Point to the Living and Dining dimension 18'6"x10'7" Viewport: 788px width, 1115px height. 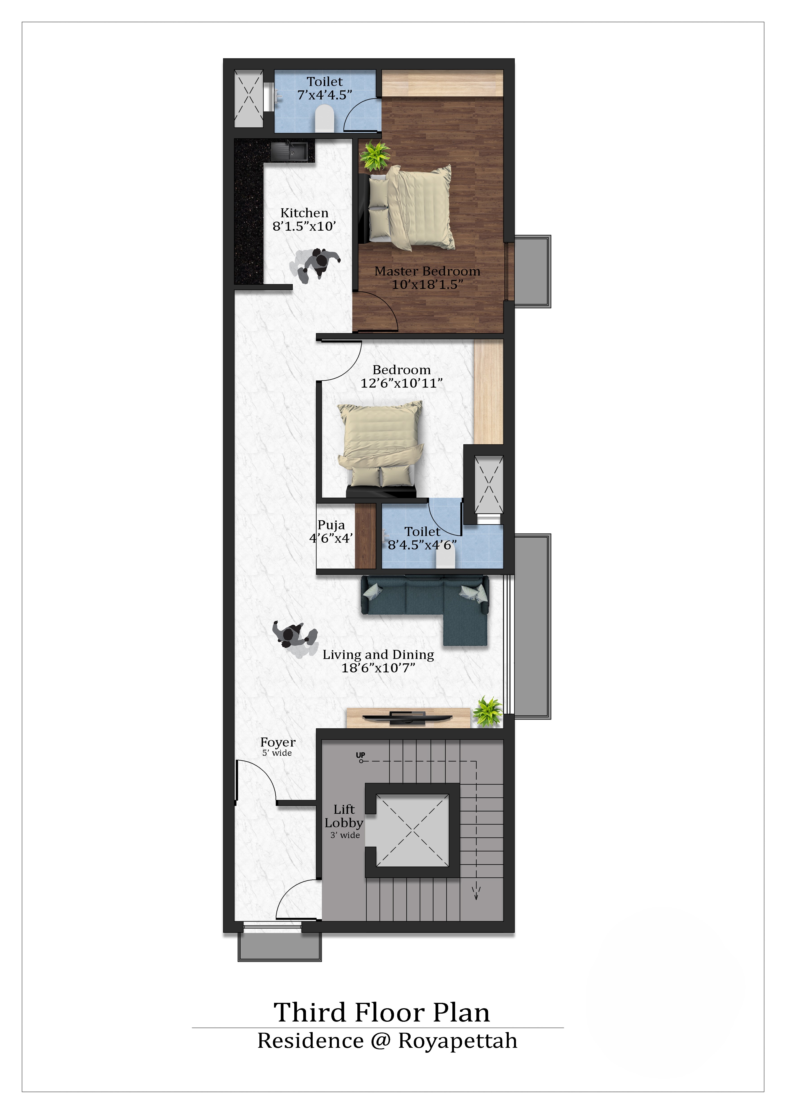[x=379, y=668]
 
